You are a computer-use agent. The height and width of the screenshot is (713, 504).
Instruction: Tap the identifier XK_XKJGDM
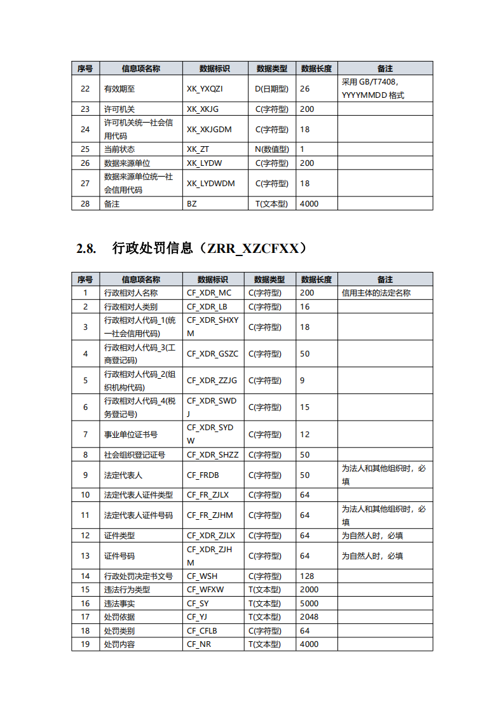[x=209, y=130]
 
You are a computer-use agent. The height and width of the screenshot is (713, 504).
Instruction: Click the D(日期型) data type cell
[x=271, y=89]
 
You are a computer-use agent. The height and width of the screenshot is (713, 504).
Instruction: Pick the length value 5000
[x=309, y=604]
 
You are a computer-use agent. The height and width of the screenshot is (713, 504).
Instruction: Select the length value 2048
[x=309, y=617]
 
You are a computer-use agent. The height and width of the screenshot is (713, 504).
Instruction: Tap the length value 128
[x=307, y=576]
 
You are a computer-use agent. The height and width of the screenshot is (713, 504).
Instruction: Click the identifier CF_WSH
[x=202, y=576]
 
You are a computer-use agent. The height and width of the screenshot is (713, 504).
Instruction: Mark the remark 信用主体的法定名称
[x=376, y=294]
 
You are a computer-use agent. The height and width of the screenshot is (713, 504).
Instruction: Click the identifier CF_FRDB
[x=203, y=475]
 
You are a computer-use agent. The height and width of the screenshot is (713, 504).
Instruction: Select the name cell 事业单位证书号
[x=130, y=435]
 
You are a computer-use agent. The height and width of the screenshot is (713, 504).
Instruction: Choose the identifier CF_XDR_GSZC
[x=212, y=354]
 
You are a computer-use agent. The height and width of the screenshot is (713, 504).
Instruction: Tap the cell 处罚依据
[x=119, y=617]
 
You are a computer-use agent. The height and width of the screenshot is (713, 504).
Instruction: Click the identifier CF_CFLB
[x=202, y=631]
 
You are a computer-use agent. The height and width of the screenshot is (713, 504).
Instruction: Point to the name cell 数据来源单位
[x=127, y=163]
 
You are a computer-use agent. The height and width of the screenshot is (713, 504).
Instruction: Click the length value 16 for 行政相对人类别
[x=305, y=307]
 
